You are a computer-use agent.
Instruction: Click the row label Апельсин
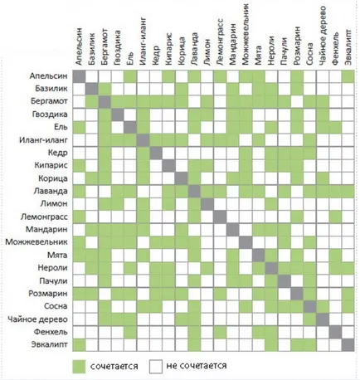[48, 76]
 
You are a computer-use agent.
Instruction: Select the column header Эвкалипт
[348, 47]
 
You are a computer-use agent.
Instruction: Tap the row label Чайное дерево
[37, 319]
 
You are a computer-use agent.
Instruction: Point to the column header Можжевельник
[246, 34]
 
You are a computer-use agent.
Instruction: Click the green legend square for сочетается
[79, 367]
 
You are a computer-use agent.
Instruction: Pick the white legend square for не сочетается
[156, 367]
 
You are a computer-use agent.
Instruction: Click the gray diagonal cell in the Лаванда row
[194, 191]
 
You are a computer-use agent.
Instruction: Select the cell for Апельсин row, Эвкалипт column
[348, 76]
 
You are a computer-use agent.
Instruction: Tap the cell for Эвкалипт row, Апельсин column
[79, 345]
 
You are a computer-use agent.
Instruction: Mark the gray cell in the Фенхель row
[335, 332]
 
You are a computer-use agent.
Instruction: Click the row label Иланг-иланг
[43, 140]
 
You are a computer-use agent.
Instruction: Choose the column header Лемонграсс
[220, 42]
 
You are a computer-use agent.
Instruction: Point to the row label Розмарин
[48, 294]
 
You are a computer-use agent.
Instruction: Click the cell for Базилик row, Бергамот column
[105, 89]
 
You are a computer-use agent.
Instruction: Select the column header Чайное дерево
[323, 36]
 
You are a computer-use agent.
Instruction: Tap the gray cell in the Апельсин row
[79, 76]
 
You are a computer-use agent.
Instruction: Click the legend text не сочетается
[197, 366]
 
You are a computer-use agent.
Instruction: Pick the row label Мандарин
[46, 229]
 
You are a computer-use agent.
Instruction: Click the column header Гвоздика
[117, 48]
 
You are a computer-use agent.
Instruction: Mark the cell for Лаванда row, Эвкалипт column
[348, 191]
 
